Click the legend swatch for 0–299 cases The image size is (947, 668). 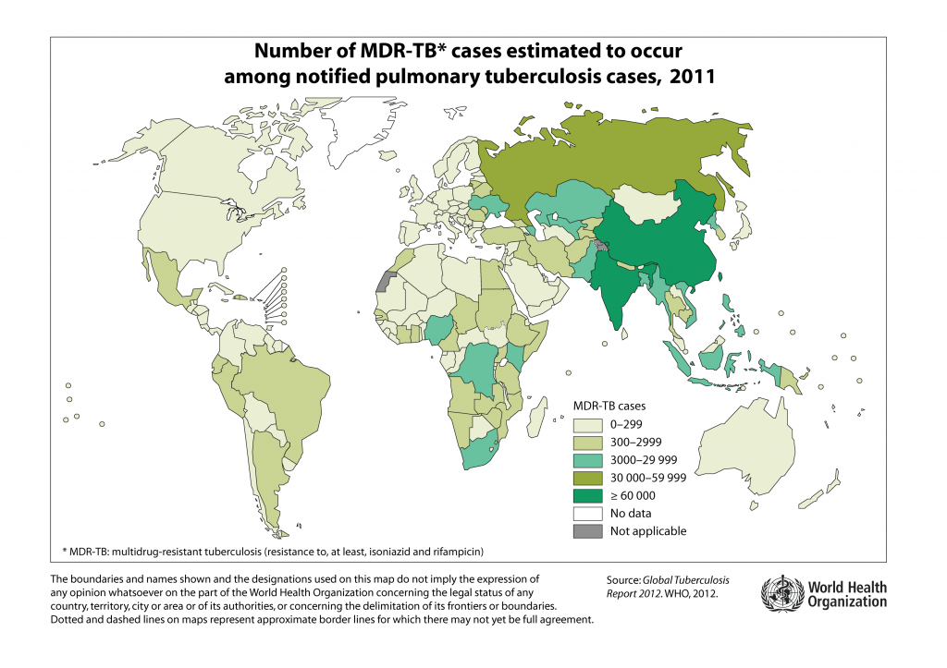coord(588,425)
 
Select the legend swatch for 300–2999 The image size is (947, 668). coord(588,443)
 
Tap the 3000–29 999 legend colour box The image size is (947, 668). coord(588,460)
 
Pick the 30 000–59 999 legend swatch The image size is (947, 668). coord(588,478)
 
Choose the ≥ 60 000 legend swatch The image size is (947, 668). coord(588,495)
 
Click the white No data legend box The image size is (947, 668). coord(588,513)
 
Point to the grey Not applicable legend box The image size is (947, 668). coord(588,530)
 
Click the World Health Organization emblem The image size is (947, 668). coord(776,593)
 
